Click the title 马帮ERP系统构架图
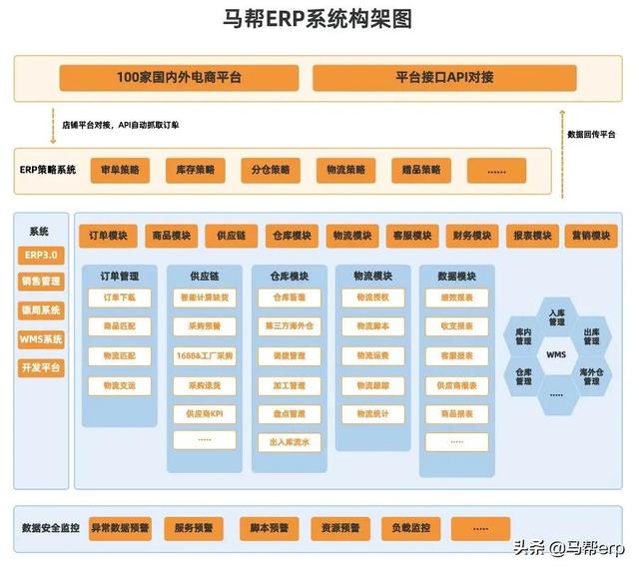319,19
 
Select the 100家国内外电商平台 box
179,77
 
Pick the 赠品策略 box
415,170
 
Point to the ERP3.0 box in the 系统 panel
41,255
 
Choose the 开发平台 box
41,366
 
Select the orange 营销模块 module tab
589,237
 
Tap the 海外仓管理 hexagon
591,376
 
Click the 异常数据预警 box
119,527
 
